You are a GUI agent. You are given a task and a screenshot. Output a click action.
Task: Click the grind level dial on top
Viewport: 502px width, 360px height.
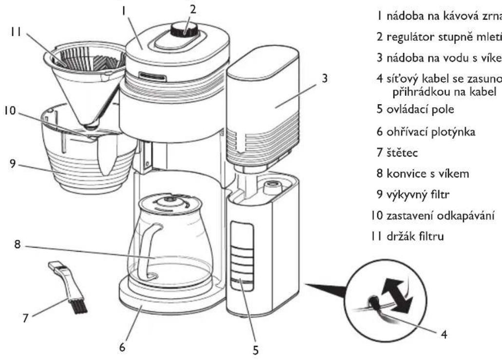(x=184, y=31)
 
